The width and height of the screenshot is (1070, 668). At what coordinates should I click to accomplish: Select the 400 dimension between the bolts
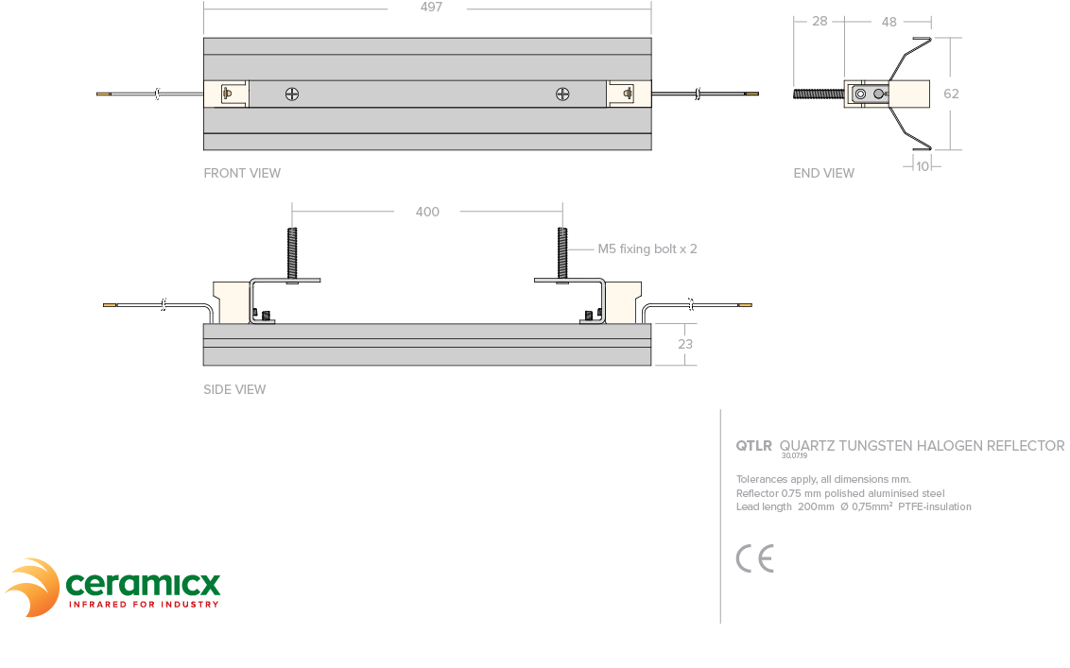427,212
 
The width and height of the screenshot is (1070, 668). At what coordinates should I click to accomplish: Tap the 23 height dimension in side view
685,344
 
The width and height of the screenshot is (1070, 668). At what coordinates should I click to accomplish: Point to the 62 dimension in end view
951,94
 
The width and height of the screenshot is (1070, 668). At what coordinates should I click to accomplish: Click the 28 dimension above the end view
820,21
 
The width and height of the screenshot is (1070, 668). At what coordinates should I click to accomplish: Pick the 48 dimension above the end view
889,21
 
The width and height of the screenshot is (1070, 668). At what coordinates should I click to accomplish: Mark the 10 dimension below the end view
923,165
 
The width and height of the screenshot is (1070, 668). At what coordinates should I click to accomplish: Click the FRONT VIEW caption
242,173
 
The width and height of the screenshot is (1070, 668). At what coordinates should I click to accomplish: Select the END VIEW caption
823,173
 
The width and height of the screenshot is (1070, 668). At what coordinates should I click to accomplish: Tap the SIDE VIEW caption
234,389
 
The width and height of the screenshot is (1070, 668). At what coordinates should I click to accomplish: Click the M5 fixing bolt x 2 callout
647,249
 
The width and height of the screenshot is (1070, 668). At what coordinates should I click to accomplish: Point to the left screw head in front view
292,94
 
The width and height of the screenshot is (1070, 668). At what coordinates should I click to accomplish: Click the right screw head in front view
562,94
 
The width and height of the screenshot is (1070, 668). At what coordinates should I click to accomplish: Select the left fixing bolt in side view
292,252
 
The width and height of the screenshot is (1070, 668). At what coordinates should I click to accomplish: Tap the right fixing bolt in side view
562,252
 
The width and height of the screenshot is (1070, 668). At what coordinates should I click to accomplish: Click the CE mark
754,558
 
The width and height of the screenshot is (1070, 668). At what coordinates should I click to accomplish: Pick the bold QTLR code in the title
753,446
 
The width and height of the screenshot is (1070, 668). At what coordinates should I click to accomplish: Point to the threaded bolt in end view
818,94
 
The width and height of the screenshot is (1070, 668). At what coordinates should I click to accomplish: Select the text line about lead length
854,506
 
